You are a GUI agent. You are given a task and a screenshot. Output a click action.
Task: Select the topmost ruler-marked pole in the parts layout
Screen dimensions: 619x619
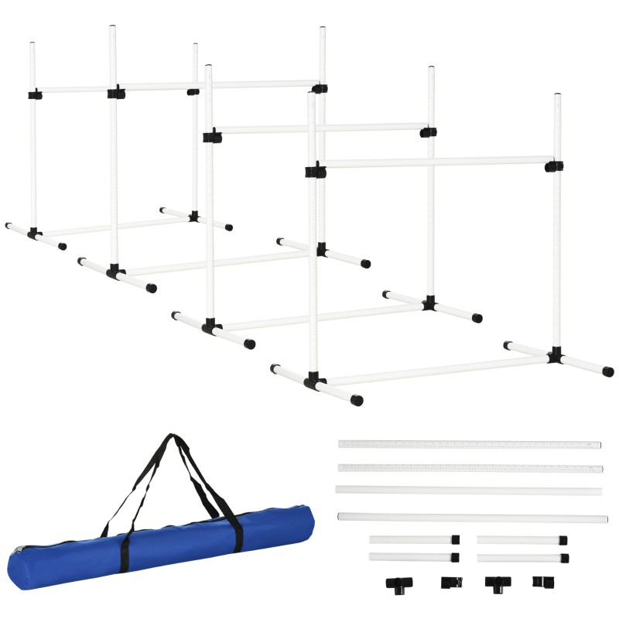tap(469, 445)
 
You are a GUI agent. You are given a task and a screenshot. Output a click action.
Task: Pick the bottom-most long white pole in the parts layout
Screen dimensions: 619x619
tap(472, 517)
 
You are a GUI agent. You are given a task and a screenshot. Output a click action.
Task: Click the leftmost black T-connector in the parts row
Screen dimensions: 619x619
tap(398, 583)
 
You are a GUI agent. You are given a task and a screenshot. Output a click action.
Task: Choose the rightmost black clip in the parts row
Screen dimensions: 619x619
tap(540, 581)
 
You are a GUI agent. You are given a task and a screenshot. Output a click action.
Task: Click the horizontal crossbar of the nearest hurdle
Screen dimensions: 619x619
tap(433, 162)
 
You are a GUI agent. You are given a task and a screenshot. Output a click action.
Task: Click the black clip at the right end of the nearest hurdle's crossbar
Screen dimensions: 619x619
tap(553, 166)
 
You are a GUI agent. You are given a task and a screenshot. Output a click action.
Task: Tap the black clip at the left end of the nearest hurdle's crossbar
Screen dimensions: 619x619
tap(314, 171)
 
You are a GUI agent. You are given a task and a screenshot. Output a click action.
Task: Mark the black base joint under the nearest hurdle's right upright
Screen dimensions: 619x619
tap(555, 356)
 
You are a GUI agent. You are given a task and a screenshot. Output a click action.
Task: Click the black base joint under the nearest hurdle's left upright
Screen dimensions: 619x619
tap(313, 381)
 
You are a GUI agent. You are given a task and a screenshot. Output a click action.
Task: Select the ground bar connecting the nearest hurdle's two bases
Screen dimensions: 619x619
tap(433, 369)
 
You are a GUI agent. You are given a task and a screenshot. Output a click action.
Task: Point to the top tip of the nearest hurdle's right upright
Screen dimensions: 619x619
tap(556, 97)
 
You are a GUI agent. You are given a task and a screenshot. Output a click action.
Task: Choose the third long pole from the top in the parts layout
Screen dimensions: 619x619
tap(469, 491)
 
